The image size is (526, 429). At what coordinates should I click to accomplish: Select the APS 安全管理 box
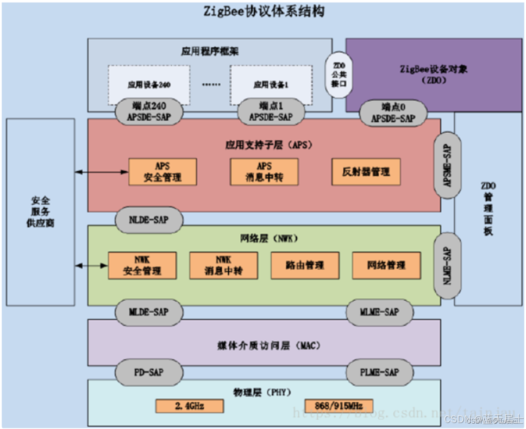pyautogui.click(x=162, y=172)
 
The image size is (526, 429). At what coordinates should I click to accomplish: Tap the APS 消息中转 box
pyautogui.click(x=264, y=172)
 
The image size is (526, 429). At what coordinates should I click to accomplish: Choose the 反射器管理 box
pyautogui.click(x=366, y=172)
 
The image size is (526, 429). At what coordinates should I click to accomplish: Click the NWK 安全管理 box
pyautogui.click(x=142, y=265)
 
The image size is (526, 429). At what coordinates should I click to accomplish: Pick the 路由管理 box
pyautogui.click(x=305, y=265)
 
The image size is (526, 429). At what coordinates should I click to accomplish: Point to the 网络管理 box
pyautogui.click(x=386, y=265)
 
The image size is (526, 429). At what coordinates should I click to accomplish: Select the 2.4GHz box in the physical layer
pyautogui.click(x=189, y=406)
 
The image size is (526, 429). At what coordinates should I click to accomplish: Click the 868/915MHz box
pyautogui.click(x=339, y=406)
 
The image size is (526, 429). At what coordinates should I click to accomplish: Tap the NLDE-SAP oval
pyautogui.click(x=148, y=220)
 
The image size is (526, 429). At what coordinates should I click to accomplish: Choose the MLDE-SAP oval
pyautogui.click(x=148, y=312)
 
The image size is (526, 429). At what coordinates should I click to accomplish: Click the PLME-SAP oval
pyautogui.click(x=379, y=372)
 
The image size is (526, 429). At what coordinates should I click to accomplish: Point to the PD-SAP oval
pyautogui.click(x=148, y=372)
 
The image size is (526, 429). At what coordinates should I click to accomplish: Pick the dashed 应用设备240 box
pyautogui.click(x=149, y=84)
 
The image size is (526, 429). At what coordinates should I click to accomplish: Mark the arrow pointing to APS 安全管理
pyautogui.click(x=102, y=172)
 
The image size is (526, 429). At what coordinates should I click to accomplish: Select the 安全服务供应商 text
pyautogui.click(x=41, y=212)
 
